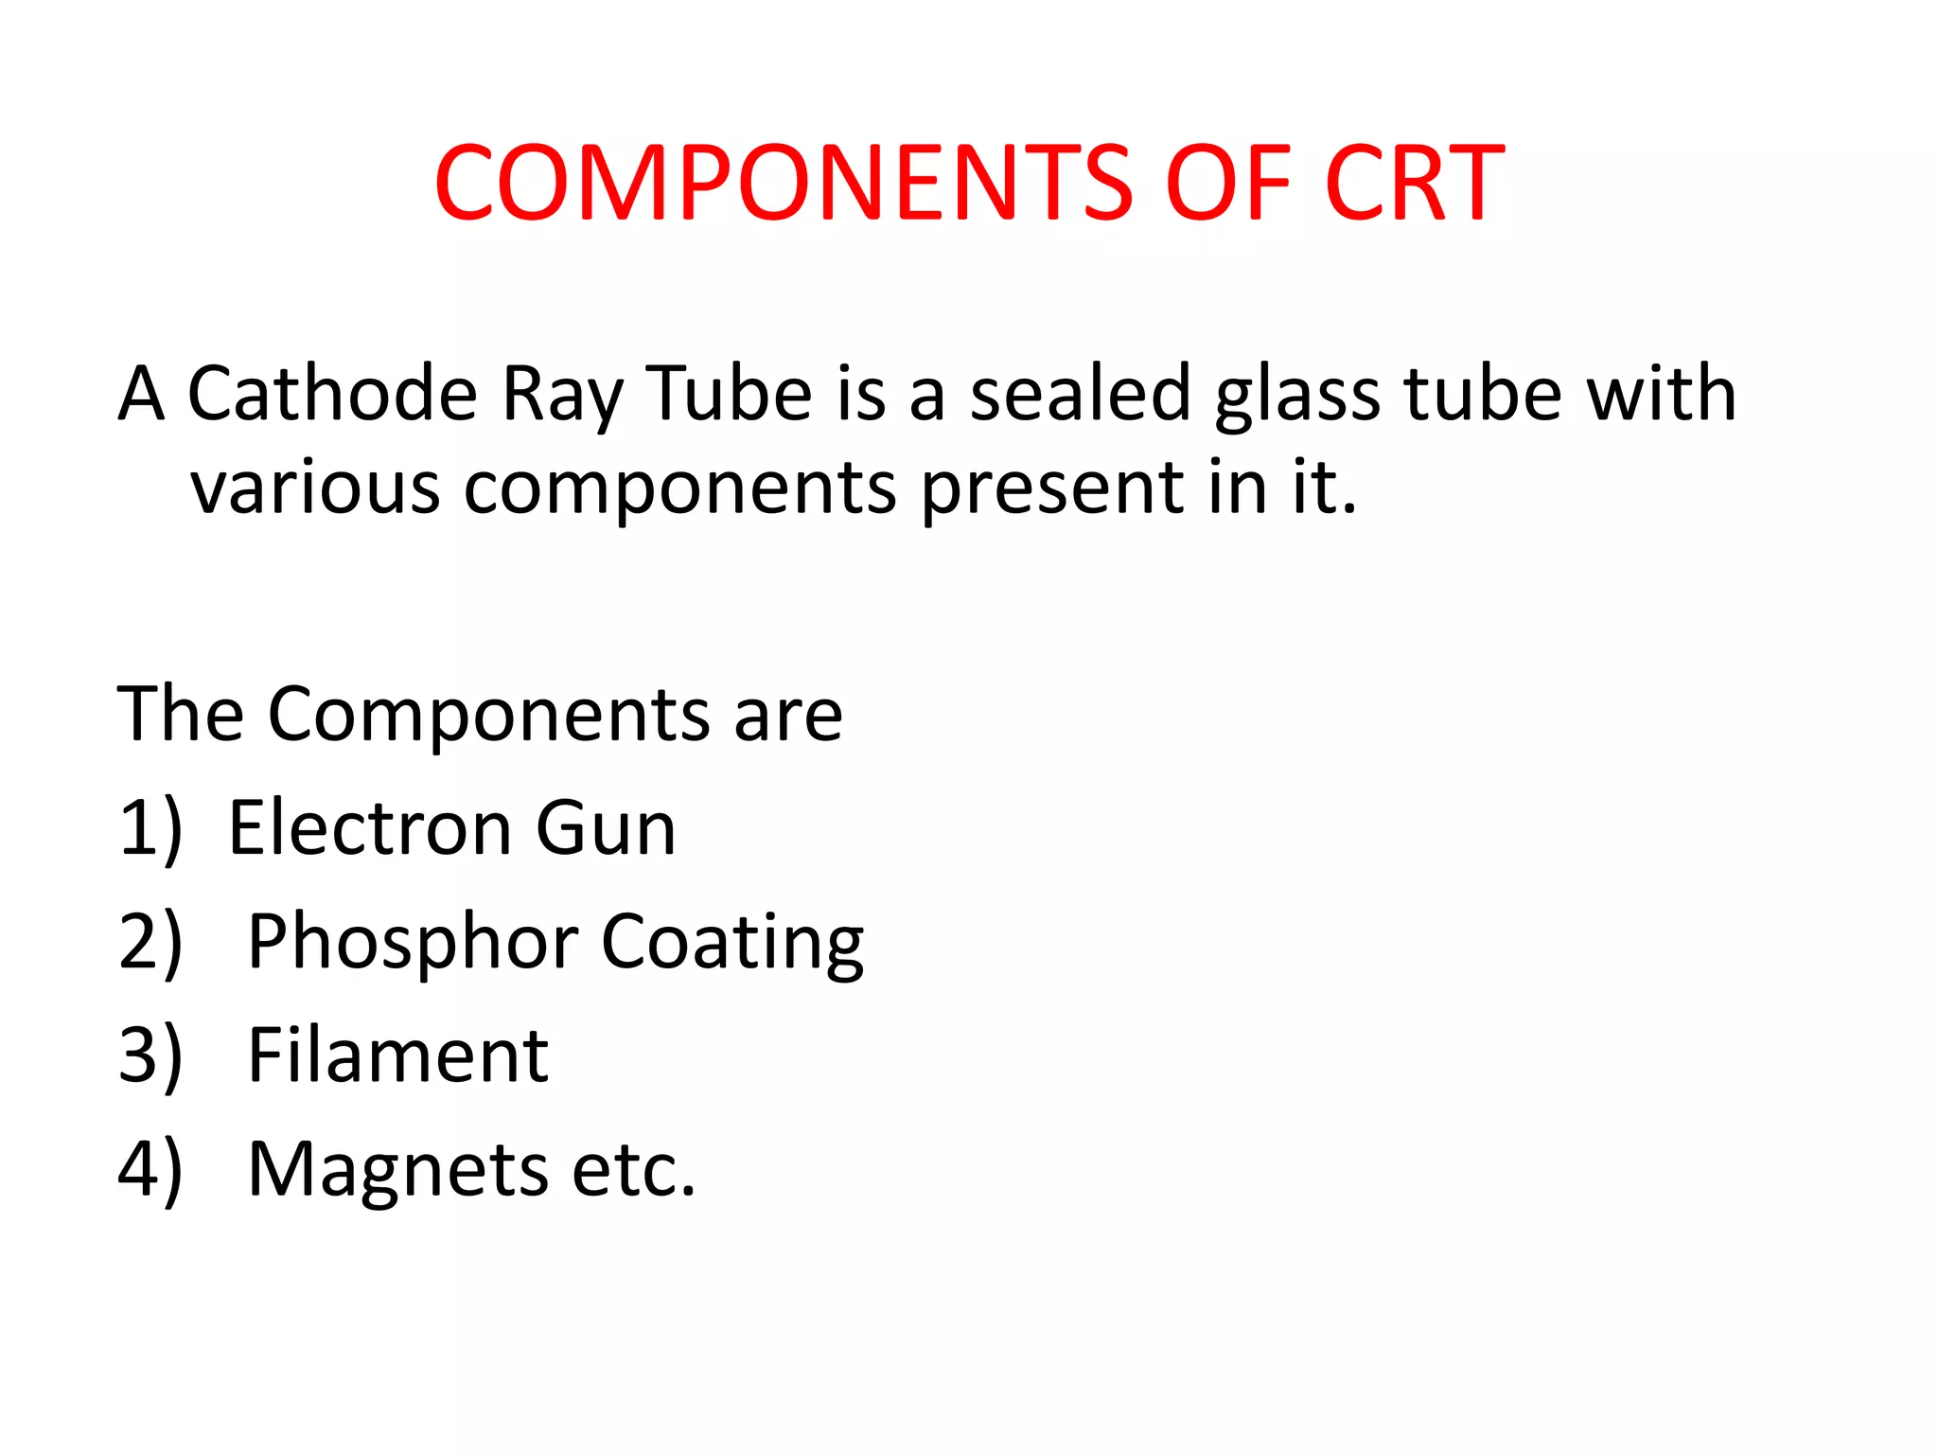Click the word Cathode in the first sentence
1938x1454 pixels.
pos(332,394)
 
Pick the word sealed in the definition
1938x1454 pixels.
pos(1080,394)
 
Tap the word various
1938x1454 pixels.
pos(315,488)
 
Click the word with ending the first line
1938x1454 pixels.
pos(1661,394)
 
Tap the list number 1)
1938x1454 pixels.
pos(150,829)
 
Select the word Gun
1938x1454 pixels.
pos(606,827)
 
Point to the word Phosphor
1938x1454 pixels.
pos(413,943)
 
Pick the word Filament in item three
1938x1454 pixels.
pos(397,1055)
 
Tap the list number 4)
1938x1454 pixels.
pos(150,1170)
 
